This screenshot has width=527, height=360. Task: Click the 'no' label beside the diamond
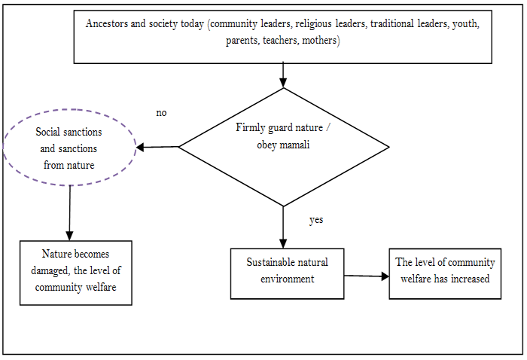coord(161,113)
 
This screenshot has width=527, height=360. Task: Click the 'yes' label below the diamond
coord(317,220)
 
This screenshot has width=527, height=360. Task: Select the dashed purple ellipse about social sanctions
coord(69,148)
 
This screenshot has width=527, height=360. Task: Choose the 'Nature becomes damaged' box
coord(75,272)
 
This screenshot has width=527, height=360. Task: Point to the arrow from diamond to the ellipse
coord(157,147)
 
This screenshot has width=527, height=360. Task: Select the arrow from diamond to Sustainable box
coord(283,227)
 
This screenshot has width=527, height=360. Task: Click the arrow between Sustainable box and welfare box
coord(366,276)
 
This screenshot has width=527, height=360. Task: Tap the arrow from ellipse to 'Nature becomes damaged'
coord(69,212)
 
